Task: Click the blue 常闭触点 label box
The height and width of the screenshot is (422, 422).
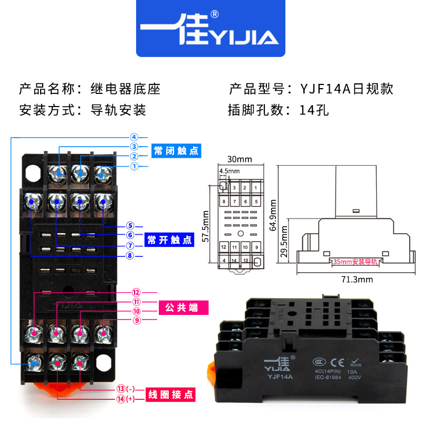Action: pyautogui.click(x=176, y=150)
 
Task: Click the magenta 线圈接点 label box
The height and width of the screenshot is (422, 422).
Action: pyautogui.click(x=169, y=394)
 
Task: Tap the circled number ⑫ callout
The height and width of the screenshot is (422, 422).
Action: pyautogui.click(x=135, y=292)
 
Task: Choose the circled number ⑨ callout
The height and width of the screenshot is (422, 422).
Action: pyautogui.click(x=135, y=320)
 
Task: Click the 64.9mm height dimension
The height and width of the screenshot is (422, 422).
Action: pyautogui.click(x=273, y=215)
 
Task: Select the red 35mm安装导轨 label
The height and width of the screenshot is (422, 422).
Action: pyautogui.click(x=356, y=261)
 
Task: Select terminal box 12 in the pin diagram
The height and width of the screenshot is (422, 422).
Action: pyautogui.click(x=224, y=247)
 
